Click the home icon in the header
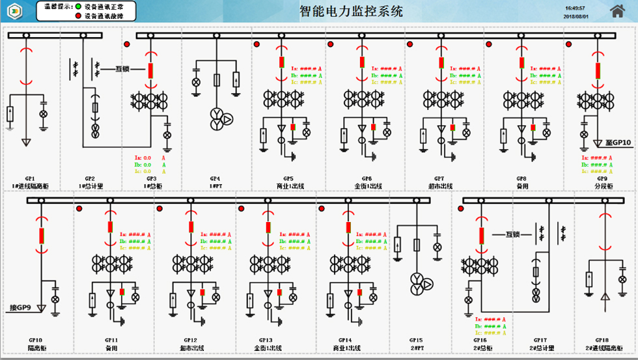[617, 10]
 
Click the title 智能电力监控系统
[351, 11]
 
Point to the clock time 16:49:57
[575, 8]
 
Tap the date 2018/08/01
[576, 16]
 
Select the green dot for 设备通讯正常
[79, 5]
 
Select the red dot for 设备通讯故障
[79, 14]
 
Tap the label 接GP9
[20, 307]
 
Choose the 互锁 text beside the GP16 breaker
[514, 234]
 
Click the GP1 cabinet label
[30, 178]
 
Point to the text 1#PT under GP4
[215, 186]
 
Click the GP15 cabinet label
[416, 340]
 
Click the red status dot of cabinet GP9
[569, 44]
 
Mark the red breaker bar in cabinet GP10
[42, 235]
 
